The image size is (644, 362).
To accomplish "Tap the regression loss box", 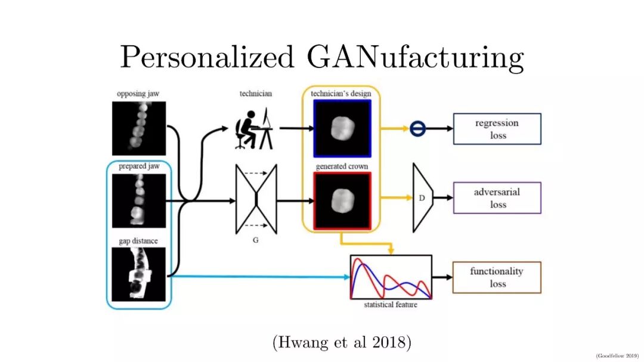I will click(497, 129).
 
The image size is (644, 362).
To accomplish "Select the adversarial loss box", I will click(497, 198).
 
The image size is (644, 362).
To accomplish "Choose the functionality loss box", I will click(497, 277).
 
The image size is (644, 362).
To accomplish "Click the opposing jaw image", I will click(138, 128).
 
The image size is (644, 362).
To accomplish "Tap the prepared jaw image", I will click(138, 201).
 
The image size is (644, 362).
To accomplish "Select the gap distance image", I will click(138, 274).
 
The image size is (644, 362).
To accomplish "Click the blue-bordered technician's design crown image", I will click(342, 128).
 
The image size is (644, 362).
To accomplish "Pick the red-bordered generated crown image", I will click(342, 200).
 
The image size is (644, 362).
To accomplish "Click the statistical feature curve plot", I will click(391, 277).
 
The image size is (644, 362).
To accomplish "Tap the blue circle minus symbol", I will click(417, 128).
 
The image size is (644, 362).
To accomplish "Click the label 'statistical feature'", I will click(391, 305).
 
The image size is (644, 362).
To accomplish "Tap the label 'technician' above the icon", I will click(255, 94).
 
